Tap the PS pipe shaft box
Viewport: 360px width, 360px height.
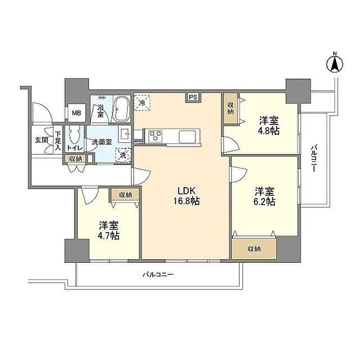click(x=193, y=97)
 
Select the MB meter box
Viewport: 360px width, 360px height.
click(x=77, y=113)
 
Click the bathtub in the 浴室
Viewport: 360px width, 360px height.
click(x=122, y=109)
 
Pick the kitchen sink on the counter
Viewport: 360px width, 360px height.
click(x=188, y=137)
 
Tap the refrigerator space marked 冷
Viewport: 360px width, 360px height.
click(x=142, y=103)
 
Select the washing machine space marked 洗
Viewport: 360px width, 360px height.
click(x=123, y=155)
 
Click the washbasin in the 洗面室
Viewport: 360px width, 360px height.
click(x=124, y=134)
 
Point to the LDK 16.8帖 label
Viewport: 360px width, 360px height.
click(x=186, y=196)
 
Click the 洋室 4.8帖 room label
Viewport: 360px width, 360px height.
click(x=269, y=125)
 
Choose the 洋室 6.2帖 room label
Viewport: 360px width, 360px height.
click(x=264, y=196)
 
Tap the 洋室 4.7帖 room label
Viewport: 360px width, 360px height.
click(x=109, y=230)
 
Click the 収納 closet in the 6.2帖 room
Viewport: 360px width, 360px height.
click(x=254, y=248)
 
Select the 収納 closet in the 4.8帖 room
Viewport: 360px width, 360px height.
click(x=230, y=109)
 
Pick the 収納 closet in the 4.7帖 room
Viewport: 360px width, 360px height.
click(x=125, y=195)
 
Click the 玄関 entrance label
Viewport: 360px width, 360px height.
click(x=42, y=140)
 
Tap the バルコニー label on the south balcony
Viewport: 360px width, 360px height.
click(x=158, y=274)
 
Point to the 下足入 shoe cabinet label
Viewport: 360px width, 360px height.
click(x=58, y=141)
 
